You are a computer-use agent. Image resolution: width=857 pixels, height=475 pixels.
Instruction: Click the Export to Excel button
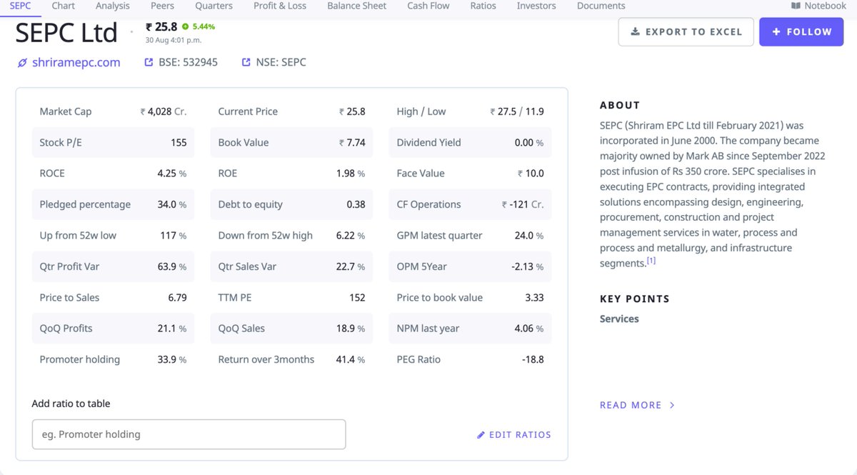[x=686, y=32]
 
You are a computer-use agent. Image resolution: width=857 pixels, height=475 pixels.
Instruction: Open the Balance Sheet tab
[x=356, y=6]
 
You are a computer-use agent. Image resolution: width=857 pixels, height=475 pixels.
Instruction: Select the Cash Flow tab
[x=428, y=6]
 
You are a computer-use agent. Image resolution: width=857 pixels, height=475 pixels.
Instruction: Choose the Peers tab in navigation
[x=162, y=6]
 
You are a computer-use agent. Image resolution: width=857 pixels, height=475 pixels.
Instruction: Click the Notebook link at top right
[x=818, y=6]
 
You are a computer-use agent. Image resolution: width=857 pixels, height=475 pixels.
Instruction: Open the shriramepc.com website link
[x=76, y=62]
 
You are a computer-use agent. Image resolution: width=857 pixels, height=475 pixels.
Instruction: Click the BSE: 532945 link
[x=188, y=62]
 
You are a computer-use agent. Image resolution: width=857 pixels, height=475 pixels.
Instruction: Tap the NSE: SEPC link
[x=281, y=62]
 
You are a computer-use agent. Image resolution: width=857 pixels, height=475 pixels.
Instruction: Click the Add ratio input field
[x=189, y=434]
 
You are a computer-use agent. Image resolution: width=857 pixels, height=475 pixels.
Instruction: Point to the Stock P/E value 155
[x=179, y=142]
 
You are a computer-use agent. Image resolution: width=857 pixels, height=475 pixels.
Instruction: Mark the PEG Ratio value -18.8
[x=533, y=359]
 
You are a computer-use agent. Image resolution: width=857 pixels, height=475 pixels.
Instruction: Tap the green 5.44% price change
[x=203, y=26]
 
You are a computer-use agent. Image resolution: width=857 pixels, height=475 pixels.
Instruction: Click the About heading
[x=620, y=105]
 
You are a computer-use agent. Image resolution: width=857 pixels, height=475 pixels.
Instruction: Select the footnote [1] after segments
[x=651, y=261]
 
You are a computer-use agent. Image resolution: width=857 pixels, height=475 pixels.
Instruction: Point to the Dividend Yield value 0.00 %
[x=528, y=142]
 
